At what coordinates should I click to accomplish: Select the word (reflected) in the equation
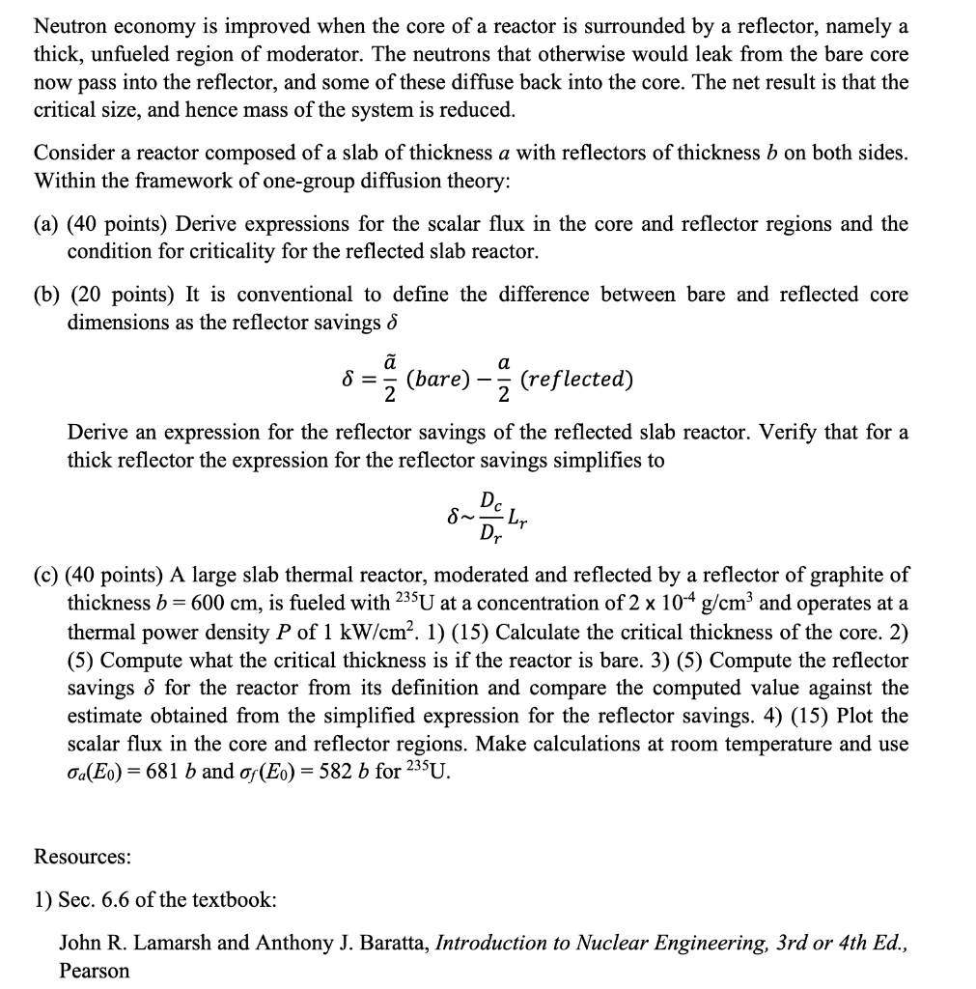coord(576,379)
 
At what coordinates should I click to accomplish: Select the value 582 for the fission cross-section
coord(320,773)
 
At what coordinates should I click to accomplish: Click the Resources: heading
coord(82,857)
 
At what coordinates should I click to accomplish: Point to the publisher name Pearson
coord(94,971)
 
